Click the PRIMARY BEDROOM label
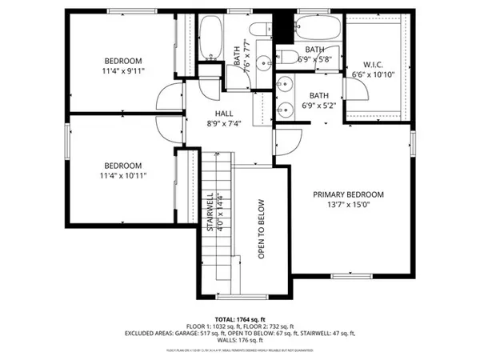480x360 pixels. (x=348, y=194)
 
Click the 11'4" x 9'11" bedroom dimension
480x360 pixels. (x=122, y=71)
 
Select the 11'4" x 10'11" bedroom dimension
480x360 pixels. (x=122, y=174)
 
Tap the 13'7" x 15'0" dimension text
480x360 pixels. (x=348, y=206)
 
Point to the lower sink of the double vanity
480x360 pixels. (x=283, y=107)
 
